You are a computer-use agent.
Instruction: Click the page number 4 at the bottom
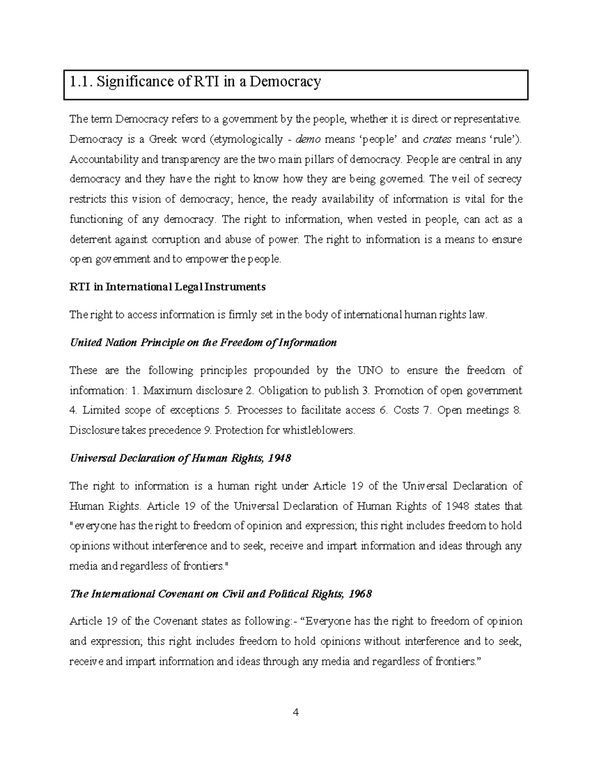[296, 712]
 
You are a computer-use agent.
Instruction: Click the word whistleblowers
[318, 431]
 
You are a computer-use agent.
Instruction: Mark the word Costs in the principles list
[406, 410]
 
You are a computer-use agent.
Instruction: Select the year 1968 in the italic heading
[360, 594]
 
